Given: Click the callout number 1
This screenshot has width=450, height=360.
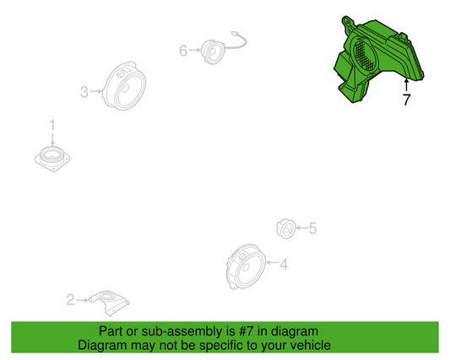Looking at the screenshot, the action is [x=52, y=126].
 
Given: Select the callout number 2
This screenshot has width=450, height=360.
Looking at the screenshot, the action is [x=71, y=300].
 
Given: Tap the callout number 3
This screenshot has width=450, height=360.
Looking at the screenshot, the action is [x=84, y=92].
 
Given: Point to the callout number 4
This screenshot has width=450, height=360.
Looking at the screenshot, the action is [x=284, y=265].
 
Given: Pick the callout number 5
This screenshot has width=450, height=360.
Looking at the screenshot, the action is [x=312, y=228].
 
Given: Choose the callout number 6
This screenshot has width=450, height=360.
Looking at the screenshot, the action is [x=183, y=51].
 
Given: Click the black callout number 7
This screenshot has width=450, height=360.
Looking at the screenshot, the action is [x=406, y=100].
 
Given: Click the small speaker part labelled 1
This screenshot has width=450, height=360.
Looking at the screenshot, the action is [x=52, y=159].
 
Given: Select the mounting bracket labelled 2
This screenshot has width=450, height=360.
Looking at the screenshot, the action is [x=109, y=303].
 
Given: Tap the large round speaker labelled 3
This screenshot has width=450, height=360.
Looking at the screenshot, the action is [x=125, y=85].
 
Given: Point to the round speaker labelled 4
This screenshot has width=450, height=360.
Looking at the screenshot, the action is [x=246, y=267].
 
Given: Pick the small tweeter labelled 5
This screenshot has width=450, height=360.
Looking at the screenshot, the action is [x=286, y=228].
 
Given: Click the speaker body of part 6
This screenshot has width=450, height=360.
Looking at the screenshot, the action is [x=213, y=52].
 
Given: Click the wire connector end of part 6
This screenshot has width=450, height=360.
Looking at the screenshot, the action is [x=235, y=34].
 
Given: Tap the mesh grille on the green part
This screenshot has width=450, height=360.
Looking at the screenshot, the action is [x=365, y=56].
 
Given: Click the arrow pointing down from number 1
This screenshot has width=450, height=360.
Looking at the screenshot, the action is [x=52, y=139].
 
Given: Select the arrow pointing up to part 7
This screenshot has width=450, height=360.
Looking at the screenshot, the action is [x=406, y=85].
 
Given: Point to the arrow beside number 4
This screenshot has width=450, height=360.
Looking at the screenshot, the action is [x=273, y=262].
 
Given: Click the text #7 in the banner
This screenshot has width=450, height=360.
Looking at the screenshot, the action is [x=247, y=331].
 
